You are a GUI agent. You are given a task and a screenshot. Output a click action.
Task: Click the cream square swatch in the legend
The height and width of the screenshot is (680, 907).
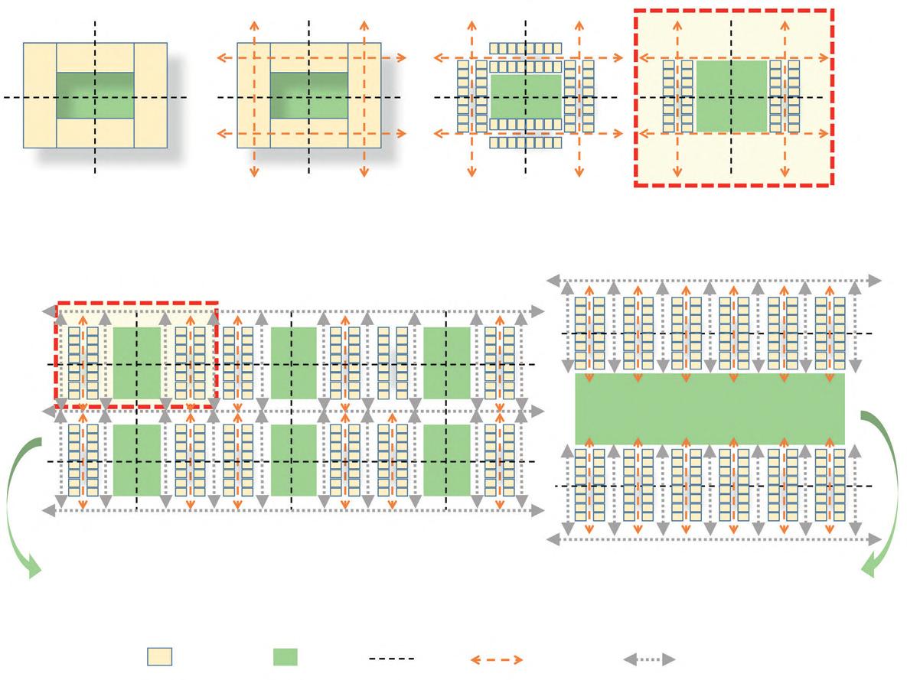[x=160, y=657]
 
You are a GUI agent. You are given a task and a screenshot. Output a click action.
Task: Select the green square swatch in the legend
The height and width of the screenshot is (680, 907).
[x=285, y=657]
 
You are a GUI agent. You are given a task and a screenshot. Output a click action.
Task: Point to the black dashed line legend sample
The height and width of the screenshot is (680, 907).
[x=391, y=658]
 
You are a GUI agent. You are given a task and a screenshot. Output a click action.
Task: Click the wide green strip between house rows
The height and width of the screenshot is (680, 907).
[x=710, y=408]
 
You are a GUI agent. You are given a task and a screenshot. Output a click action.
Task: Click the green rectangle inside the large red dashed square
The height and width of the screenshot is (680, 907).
[x=731, y=96]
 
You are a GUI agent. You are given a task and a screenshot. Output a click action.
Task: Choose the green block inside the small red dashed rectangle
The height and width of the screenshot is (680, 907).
[x=137, y=363]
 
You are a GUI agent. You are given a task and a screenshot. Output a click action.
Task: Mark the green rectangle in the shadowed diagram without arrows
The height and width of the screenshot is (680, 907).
[x=95, y=96]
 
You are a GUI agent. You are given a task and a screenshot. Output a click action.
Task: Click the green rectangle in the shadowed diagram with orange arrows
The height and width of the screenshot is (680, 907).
[x=309, y=96]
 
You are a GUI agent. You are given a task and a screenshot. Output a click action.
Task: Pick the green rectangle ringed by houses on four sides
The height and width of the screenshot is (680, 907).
[x=526, y=96]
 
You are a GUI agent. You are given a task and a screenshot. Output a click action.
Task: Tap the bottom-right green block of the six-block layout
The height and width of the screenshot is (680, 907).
[x=446, y=460]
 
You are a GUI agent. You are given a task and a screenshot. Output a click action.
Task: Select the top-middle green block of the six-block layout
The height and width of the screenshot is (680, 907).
[x=293, y=363]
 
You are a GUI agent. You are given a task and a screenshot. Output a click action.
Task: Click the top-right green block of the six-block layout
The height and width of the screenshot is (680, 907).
[x=446, y=363]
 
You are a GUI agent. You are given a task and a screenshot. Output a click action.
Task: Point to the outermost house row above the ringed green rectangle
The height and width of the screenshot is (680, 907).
[x=526, y=48]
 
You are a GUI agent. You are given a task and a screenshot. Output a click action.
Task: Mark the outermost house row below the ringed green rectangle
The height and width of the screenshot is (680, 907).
[x=526, y=142]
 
